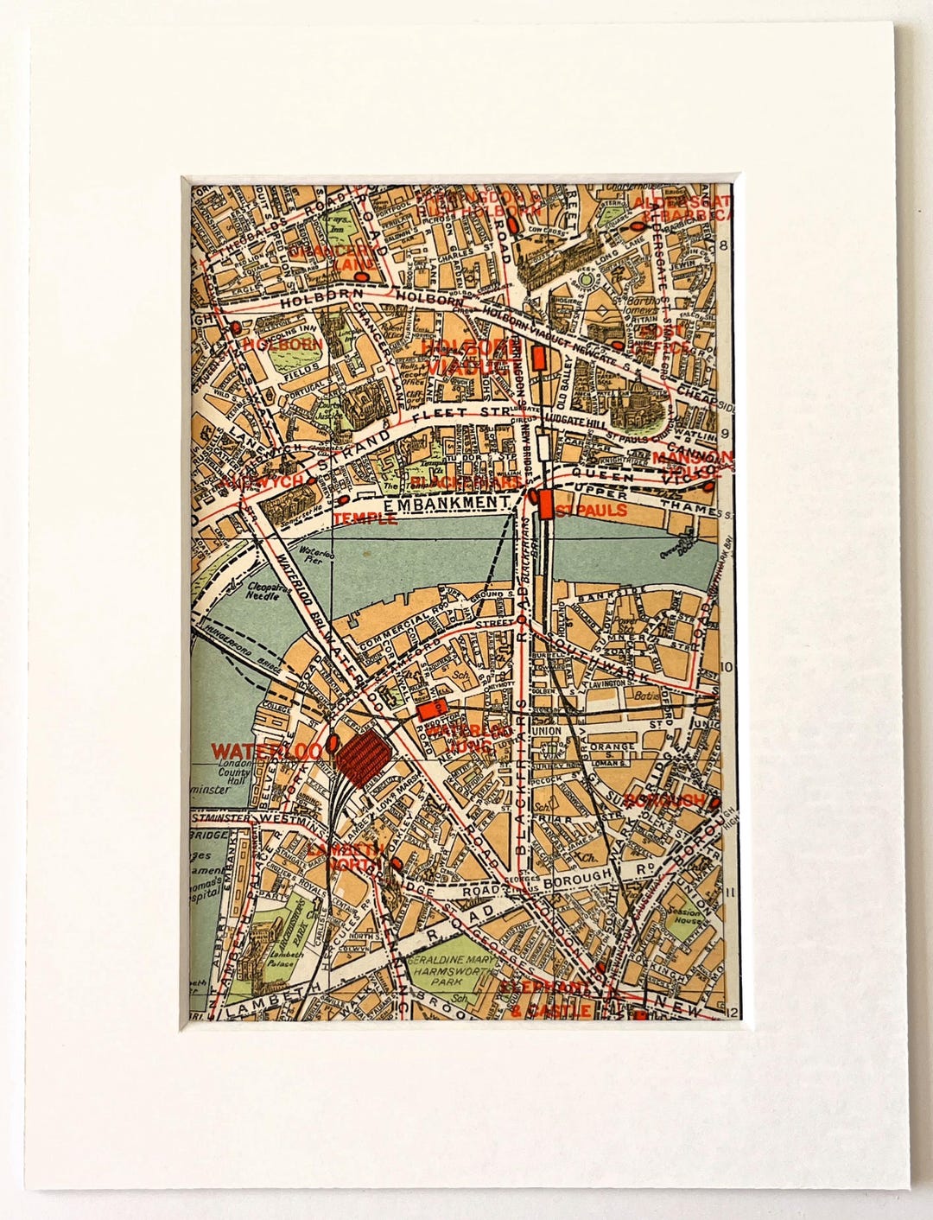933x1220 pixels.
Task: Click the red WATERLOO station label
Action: pos(267,749)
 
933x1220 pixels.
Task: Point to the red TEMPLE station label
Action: pos(365,519)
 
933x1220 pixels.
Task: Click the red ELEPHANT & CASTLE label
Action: pos(550,999)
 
